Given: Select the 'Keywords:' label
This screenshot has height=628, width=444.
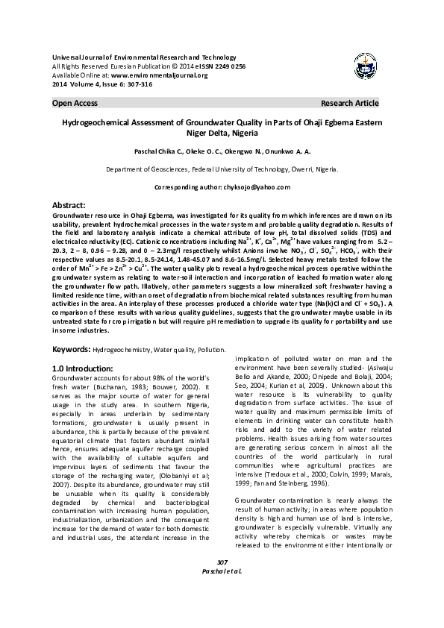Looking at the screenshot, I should coord(72,349).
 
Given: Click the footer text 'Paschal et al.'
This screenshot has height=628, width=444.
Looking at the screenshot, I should coord(221,571).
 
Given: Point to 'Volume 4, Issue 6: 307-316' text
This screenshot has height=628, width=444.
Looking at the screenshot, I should coord(111,84).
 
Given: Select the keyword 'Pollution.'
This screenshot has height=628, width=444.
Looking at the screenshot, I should coord(211,349).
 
